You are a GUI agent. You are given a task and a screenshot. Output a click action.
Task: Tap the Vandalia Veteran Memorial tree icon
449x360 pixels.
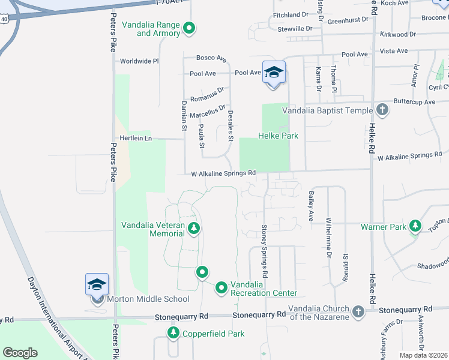point(193,228)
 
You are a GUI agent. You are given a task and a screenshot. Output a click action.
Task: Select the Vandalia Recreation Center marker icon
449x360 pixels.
point(221,288)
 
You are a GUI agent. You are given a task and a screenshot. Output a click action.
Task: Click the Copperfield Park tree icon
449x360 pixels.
point(173,333)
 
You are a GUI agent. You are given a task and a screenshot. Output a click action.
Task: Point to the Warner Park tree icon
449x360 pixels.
point(415,226)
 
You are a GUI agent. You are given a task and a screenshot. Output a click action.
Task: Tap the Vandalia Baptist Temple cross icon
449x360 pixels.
point(382,110)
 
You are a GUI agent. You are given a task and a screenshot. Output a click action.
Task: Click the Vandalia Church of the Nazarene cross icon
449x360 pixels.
point(358,311)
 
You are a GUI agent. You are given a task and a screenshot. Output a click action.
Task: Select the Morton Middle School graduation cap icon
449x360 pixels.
point(97,284)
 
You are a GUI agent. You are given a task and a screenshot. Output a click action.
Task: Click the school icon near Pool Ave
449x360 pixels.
point(274,73)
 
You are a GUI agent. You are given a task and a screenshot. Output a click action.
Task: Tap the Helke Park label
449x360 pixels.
point(279,136)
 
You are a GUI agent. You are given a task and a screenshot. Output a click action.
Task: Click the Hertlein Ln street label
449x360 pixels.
point(135,138)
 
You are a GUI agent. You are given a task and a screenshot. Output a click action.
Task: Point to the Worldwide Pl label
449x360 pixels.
point(139,61)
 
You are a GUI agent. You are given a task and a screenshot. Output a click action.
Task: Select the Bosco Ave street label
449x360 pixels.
point(211,58)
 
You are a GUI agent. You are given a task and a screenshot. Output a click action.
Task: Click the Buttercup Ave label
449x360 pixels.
point(414,102)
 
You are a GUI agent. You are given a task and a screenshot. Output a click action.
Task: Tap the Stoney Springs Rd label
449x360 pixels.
point(264,251)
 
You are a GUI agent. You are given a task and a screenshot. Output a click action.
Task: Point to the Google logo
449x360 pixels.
point(20,353)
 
